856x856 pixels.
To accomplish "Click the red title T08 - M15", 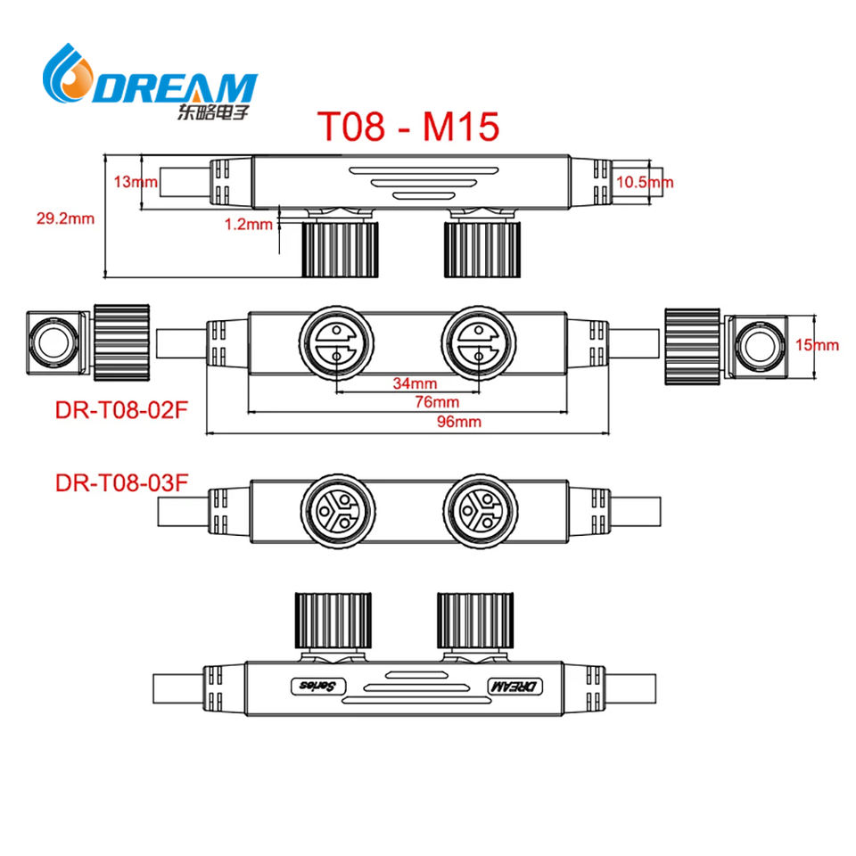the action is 407,126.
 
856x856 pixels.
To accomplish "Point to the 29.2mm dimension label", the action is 65,218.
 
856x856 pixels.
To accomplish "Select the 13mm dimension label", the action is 136,181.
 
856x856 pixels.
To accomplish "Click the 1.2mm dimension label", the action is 249,224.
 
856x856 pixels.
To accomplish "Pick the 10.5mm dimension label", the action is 645,182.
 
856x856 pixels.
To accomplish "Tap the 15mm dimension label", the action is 817,344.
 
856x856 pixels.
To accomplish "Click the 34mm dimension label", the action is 415,383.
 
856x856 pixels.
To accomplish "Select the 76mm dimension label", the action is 437,402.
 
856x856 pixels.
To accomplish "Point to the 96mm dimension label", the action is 459,422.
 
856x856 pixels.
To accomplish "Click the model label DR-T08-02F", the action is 121,410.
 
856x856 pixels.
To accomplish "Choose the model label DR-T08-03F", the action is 122,483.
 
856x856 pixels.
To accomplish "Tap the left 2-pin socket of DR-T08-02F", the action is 336,342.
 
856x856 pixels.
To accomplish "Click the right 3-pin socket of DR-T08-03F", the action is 481,511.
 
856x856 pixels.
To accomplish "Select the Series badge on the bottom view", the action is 318,687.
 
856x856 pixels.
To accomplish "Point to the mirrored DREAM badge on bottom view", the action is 515,687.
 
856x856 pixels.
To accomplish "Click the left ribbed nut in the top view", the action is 340,249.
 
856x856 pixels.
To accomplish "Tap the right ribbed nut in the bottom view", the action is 475,620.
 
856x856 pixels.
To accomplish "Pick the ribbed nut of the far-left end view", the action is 122,342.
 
